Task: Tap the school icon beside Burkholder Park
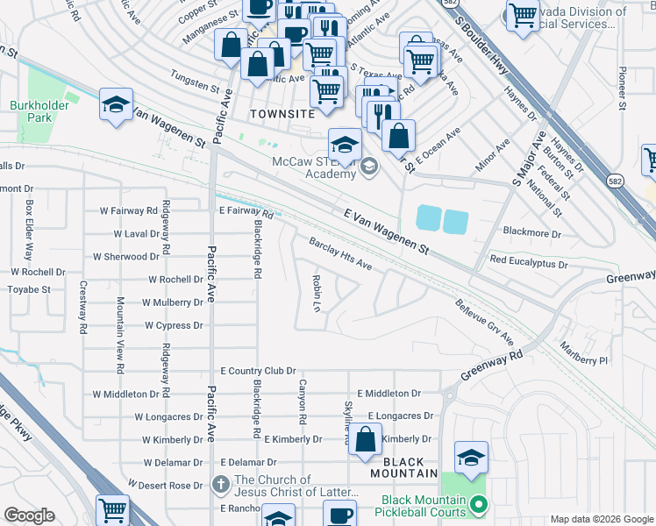[116, 105]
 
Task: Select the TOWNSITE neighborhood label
[281, 114]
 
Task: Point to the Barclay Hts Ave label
[340, 254]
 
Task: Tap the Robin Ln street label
[317, 292]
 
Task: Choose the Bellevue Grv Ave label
[484, 321]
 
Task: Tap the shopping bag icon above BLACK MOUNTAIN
[367, 439]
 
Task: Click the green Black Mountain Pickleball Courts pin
[478, 504]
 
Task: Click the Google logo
[29, 515]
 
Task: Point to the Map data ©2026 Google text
[601, 519]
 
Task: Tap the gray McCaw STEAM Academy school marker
[369, 166]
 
